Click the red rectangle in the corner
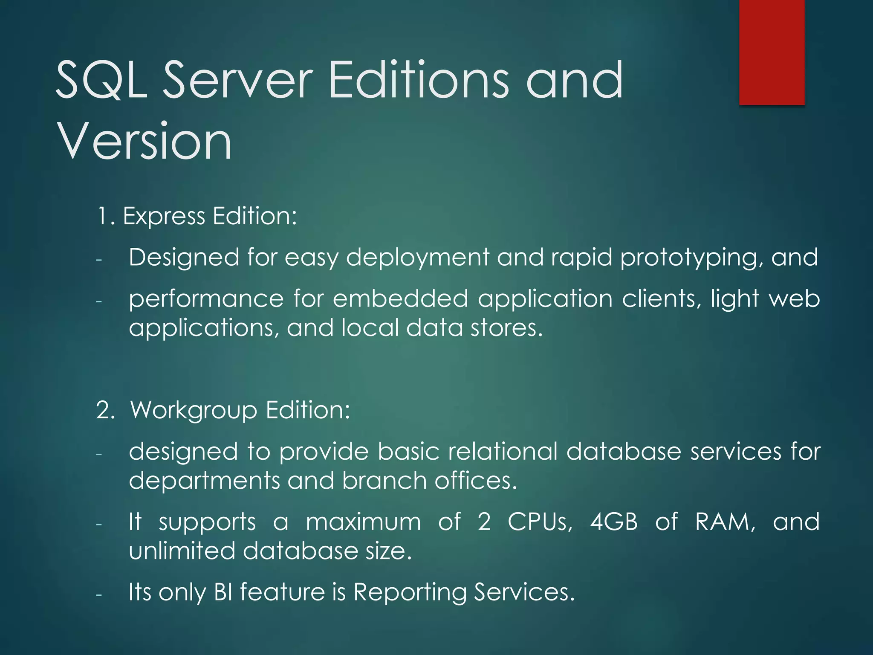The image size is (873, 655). pos(772,52)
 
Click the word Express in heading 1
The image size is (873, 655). pos(164,216)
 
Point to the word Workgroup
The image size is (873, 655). pos(194,410)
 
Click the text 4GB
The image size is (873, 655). pos(614,522)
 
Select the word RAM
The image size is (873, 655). pos(725,522)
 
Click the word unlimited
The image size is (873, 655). pos(182,551)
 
